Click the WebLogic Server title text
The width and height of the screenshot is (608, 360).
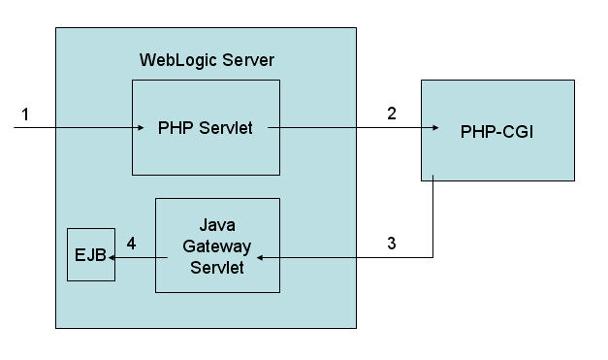pyautogui.click(x=207, y=60)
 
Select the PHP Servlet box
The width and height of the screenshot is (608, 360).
pyautogui.click(x=206, y=127)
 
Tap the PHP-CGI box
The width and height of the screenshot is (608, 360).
pyautogui.click(x=497, y=131)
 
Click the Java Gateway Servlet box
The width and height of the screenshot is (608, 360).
pyautogui.click(x=217, y=245)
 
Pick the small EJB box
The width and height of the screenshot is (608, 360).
pyautogui.click(x=91, y=254)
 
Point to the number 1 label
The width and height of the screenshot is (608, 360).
pyautogui.click(x=25, y=115)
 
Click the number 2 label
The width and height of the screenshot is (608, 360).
pyautogui.click(x=392, y=114)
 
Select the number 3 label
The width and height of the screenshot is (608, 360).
pyautogui.click(x=391, y=244)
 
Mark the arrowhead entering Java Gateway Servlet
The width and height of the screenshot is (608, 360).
pyautogui.click(x=260, y=257)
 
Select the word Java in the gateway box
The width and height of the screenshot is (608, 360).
pyautogui.click(x=217, y=226)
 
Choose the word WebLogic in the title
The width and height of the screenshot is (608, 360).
pyautogui.click(x=175, y=60)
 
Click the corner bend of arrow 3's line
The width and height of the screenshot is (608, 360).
pyautogui.click(x=432, y=257)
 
